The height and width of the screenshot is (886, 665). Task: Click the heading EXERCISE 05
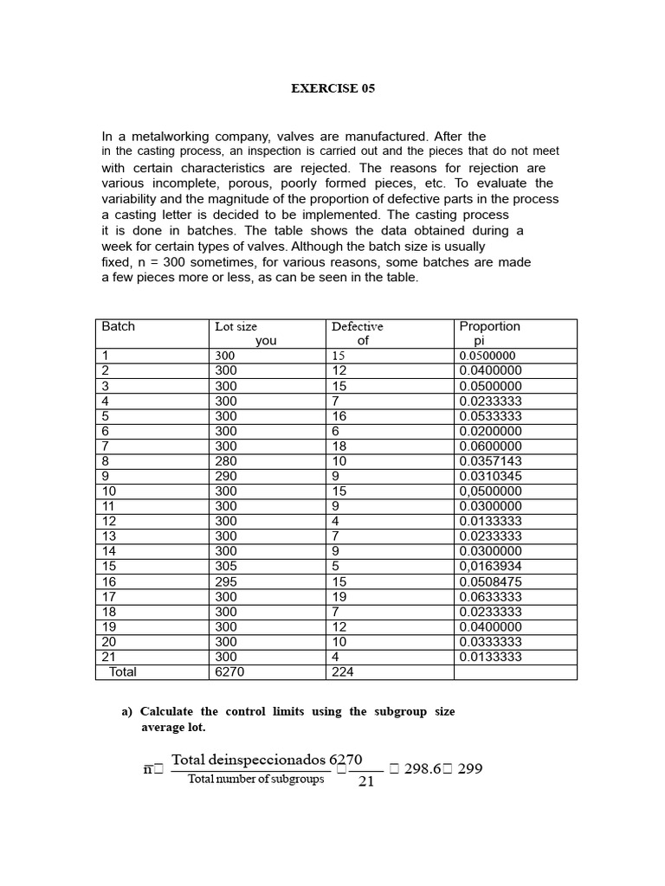pos(332,88)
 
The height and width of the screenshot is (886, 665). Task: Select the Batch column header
pos(119,326)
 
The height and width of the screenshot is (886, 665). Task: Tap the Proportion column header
pos(489,326)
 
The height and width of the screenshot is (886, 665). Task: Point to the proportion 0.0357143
pos(490,461)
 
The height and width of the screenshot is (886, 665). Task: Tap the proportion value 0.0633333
pos(490,596)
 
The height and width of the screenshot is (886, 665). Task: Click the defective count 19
pos(339,596)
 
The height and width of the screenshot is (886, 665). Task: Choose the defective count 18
pos(339,446)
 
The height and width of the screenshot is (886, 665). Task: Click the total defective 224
pos(342,671)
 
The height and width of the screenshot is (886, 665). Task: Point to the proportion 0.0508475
pos(490,581)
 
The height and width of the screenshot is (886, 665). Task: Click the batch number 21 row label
pos(109,656)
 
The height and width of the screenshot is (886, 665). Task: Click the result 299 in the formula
pos(469,768)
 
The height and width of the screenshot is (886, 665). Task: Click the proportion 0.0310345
pos(490,476)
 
